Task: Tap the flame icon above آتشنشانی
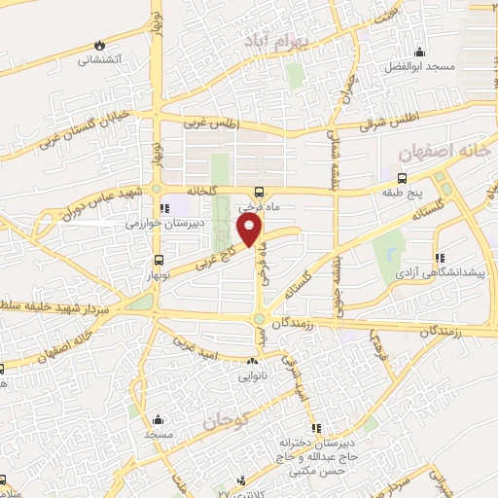click(99, 45)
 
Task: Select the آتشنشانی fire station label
click(100, 59)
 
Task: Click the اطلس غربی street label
click(213, 121)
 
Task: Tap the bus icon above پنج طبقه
click(401, 177)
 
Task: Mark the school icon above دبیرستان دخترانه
click(315, 428)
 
